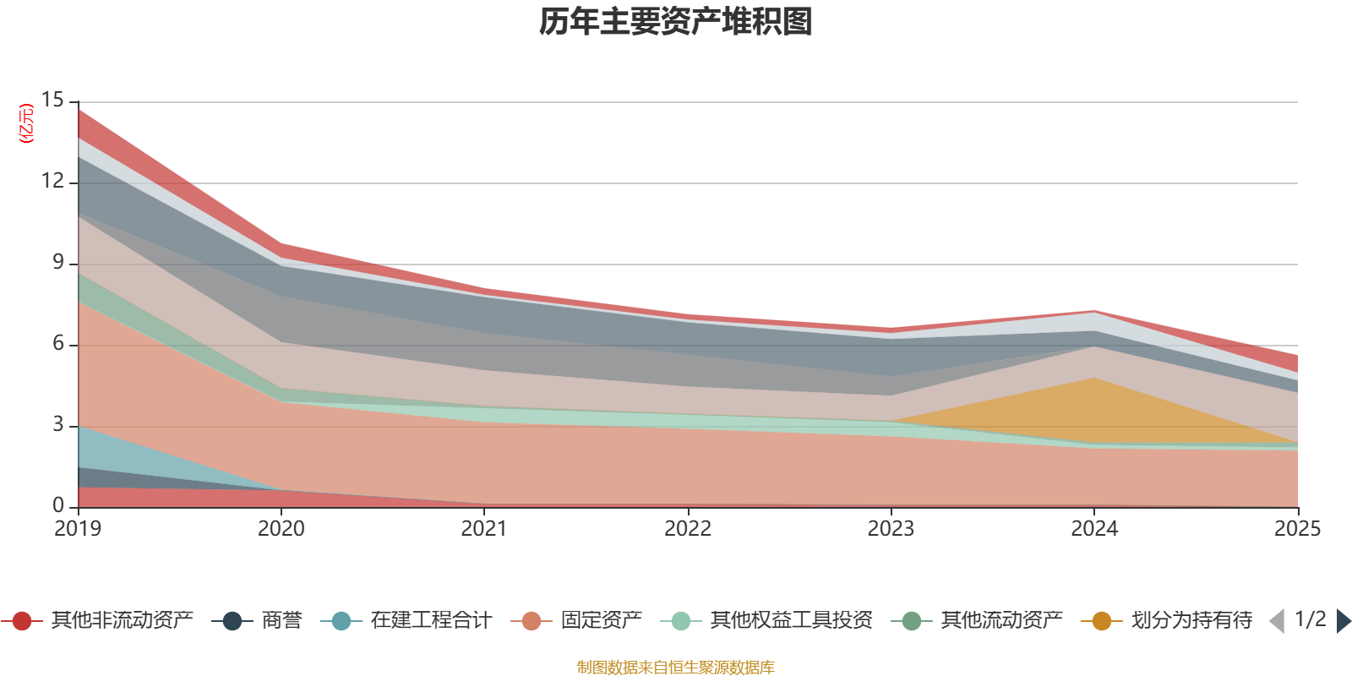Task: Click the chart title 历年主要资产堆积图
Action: coord(676,22)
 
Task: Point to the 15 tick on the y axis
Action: coord(52,101)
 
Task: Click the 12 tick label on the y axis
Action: coord(52,182)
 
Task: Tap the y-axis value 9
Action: coord(58,263)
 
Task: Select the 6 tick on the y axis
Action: coord(58,344)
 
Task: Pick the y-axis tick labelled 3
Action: coord(58,425)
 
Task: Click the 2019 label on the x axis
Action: coord(78,529)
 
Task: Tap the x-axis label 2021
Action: coord(484,529)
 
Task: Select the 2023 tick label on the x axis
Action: coord(891,529)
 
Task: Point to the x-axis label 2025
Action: coord(1296,529)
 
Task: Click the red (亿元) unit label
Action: coord(27,123)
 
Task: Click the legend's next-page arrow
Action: coord(1343,621)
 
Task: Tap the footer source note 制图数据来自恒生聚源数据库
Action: coord(676,668)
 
